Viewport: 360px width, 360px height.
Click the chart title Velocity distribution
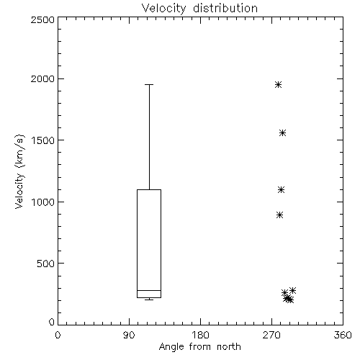pos(199,8)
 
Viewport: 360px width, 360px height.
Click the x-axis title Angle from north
pos(199,347)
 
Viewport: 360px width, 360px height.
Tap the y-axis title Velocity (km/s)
pos(19,171)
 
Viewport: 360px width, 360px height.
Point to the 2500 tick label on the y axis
pos(42,19)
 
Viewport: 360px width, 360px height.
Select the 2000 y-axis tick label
pos(42,78)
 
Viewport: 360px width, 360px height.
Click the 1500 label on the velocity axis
pos(43,140)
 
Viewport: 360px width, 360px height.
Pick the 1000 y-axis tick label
pos(43,202)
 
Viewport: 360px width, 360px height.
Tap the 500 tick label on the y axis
pos(45,264)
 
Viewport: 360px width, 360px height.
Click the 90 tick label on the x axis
pos(129,335)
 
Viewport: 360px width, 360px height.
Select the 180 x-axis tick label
pos(200,335)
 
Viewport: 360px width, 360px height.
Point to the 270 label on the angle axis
pos(271,335)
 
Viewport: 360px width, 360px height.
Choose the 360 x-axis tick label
pos(343,335)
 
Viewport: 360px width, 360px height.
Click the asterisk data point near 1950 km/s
pos(278,85)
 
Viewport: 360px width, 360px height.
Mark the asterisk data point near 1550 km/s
pos(283,133)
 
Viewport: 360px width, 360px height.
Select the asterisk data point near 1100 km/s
pos(281,190)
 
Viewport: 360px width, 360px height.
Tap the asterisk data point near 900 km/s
pos(279,215)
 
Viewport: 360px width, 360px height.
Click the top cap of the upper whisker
pos(149,84)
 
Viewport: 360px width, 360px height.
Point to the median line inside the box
pos(149,290)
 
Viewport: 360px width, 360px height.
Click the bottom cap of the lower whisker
pos(149,300)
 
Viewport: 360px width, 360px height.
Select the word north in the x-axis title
pos(228,347)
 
